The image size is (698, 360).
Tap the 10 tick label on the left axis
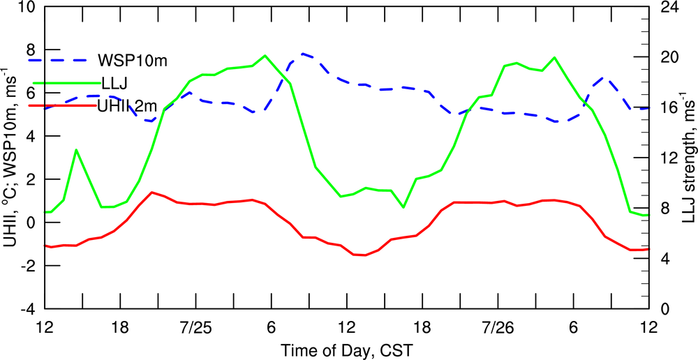[x=27, y=8]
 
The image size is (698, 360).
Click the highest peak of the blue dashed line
[x=303, y=53]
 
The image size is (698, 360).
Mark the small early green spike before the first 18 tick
[x=76, y=150]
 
